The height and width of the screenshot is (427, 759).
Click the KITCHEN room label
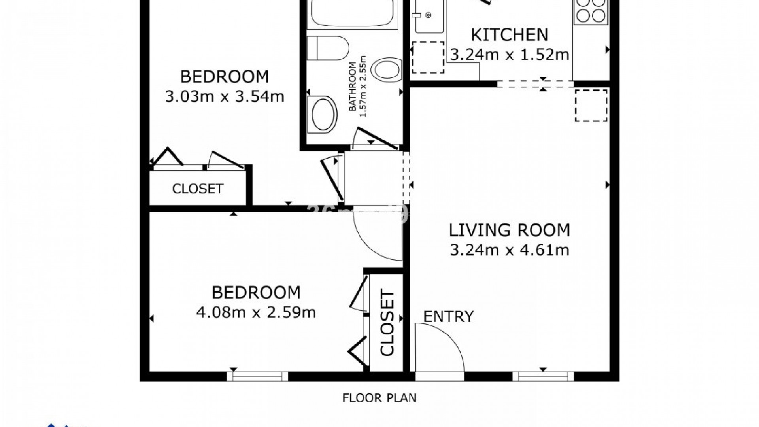(509, 35)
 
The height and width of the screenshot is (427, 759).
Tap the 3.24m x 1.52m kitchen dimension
(509, 55)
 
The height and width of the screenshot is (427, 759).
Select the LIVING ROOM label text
(509, 230)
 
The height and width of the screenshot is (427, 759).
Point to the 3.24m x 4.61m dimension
(509, 250)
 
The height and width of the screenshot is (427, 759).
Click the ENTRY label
(448, 317)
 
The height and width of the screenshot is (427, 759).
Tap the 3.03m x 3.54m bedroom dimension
(224, 96)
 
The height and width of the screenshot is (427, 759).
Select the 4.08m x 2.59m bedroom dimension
(256, 312)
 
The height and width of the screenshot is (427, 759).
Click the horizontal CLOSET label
(198, 189)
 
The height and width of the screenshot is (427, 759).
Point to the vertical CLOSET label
(387, 323)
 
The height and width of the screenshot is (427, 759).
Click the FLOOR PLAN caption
(379, 398)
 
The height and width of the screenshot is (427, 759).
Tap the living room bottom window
(543, 376)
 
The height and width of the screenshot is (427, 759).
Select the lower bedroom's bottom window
(257, 376)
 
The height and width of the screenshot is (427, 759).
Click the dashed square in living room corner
(591, 105)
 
